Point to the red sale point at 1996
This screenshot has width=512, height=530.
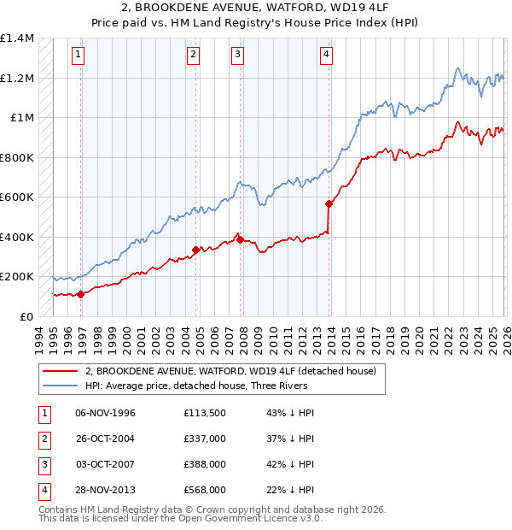click(81, 294)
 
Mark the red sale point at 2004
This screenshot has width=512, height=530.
click(196, 250)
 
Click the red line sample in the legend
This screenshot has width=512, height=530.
click(60, 371)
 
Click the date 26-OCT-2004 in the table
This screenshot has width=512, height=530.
click(105, 439)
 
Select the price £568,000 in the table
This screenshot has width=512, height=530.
click(204, 490)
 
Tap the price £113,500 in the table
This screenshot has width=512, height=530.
click(204, 413)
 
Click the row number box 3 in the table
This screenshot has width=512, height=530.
click(42, 464)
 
